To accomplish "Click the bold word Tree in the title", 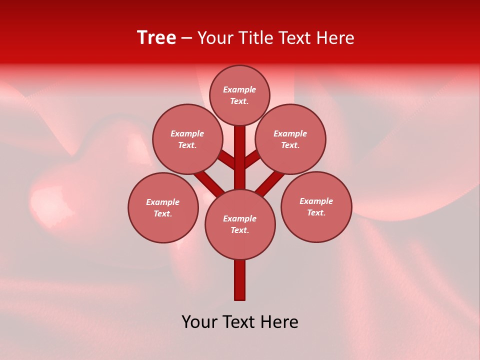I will (156, 38).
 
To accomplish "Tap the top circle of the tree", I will (239, 95).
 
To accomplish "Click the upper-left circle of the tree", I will (187, 139).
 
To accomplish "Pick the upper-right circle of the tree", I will (290, 139).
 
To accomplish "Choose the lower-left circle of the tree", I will (163, 207).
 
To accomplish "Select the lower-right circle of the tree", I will (316, 206).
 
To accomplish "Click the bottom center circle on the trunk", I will (240, 224).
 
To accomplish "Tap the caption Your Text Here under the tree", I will (240, 322).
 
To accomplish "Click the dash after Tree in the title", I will (187, 38).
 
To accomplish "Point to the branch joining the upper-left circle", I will (226, 159).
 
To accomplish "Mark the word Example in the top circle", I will (239, 89).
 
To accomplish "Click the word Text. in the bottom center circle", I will (239, 230).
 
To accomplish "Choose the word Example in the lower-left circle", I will (163, 202).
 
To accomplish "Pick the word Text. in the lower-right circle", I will (316, 212).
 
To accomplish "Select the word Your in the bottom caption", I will (200, 322).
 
